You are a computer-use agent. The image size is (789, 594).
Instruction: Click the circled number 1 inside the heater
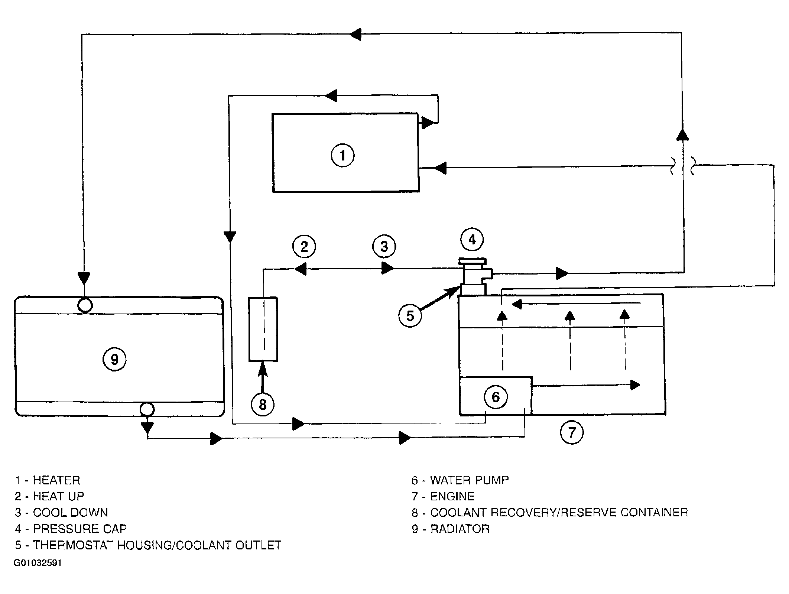(342, 155)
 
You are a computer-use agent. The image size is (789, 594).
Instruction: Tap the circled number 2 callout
(304, 246)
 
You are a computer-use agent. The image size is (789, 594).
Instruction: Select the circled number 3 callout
(384, 246)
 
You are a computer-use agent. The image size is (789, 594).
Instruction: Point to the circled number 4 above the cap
(472, 240)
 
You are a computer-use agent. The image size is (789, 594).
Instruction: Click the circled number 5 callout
(410, 316)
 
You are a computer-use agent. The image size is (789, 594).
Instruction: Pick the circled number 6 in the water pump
(496, 397)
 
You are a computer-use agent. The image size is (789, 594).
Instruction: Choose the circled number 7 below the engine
(572, 432)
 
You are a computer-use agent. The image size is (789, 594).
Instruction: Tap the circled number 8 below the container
(263, 404)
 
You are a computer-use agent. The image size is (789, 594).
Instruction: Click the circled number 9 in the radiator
(114, 359)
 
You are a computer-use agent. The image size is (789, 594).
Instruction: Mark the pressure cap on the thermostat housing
(472, 261)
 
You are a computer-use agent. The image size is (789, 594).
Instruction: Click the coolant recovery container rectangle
(263, 329)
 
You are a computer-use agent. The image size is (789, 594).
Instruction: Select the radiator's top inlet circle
(85, 305)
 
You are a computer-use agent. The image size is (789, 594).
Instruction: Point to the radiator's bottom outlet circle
(147, 410)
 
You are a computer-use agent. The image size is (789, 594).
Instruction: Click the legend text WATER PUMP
(470, 480)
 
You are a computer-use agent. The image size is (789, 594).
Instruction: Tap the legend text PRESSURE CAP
(80, 529)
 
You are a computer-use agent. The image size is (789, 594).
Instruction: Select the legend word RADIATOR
(460, 529)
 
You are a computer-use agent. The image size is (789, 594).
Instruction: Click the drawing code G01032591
(38, 563)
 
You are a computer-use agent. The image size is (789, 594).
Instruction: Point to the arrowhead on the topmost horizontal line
(355, 34)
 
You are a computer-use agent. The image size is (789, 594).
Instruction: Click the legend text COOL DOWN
(71, 513)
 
